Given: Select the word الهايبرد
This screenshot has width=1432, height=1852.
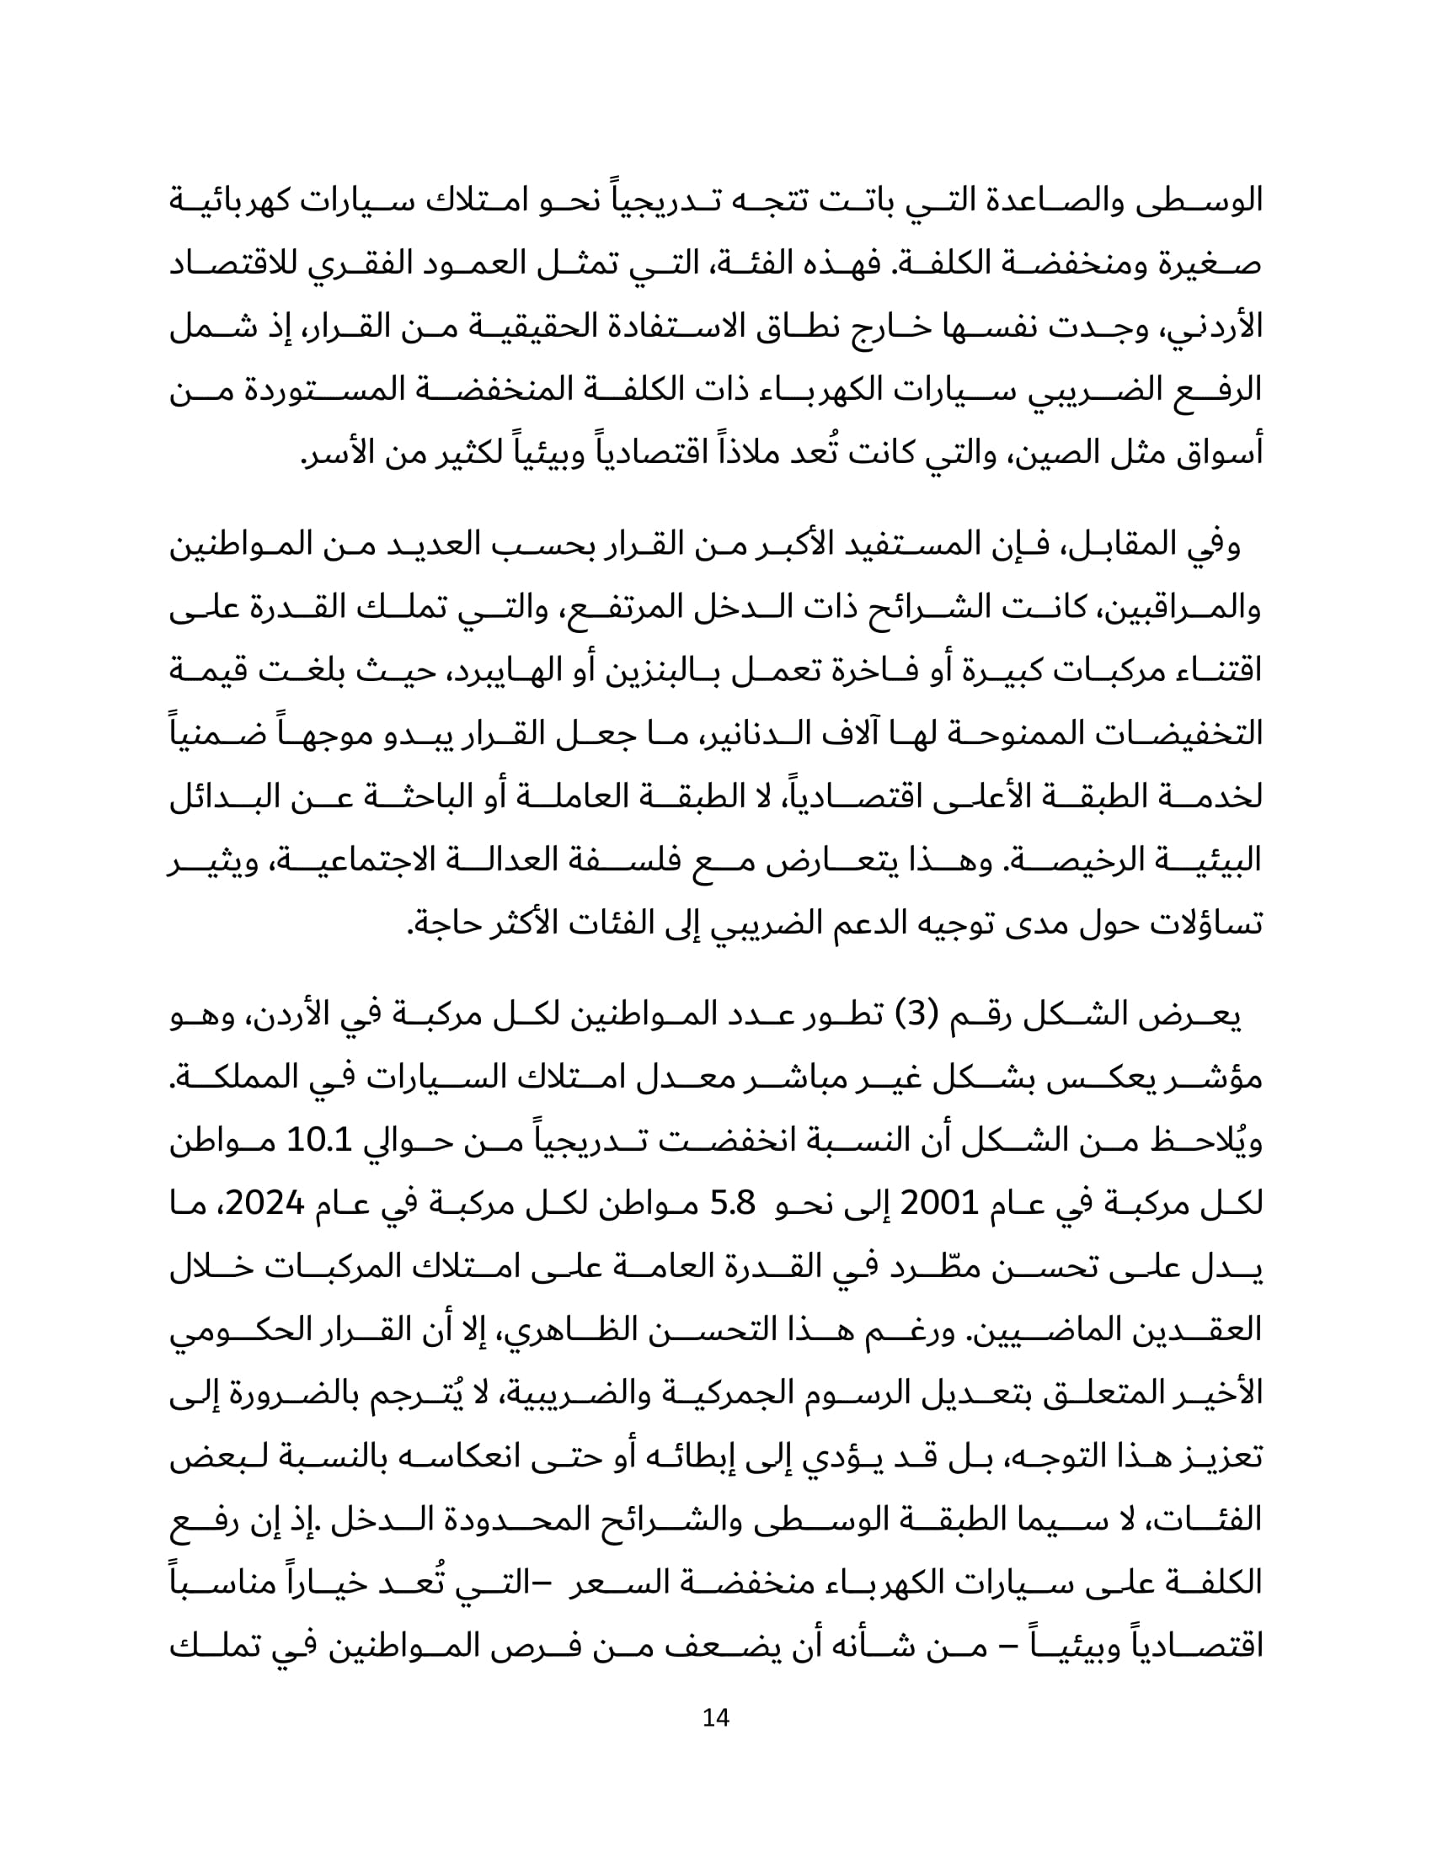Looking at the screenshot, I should tap(493, 672).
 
